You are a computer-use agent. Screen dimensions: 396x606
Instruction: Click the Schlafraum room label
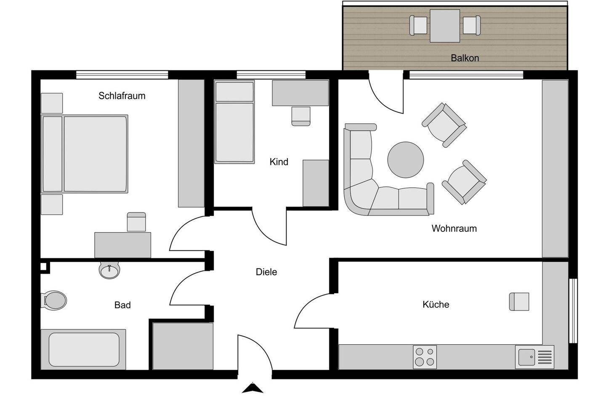[x=122, y=96]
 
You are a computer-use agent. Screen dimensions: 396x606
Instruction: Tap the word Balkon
[x=465, y=58]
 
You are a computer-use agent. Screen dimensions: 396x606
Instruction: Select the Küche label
[x=436, y=304]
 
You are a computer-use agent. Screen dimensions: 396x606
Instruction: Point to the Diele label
[x=266, y=272]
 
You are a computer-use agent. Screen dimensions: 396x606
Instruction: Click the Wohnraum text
[x=454, y=229]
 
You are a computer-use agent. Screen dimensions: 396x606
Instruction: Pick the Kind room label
[x=279, y=162]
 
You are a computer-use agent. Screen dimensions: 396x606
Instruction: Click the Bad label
[x=122, y=305]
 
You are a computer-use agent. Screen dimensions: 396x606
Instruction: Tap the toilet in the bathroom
[x=55, y=300]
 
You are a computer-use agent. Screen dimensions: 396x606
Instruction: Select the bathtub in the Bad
[x=84, y=350]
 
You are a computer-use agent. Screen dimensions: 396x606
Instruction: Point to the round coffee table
[x=405, y=160]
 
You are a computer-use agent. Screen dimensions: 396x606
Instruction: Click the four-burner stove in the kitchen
[x=425, y=357]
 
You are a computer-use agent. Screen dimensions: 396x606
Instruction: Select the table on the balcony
[x=445, y=26]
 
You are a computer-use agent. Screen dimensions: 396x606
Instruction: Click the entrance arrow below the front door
[x=252, y=388]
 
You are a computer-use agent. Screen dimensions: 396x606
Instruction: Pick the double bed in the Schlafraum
[x=85, y=154]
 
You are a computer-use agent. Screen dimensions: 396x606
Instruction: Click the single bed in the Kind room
[x=234, y=122]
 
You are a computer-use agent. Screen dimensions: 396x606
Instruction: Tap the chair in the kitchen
[x=519, y=301]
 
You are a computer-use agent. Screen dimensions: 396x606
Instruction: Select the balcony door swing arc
[x=385, y=97]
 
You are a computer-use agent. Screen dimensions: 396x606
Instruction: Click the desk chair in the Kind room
[x=301, y=116]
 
